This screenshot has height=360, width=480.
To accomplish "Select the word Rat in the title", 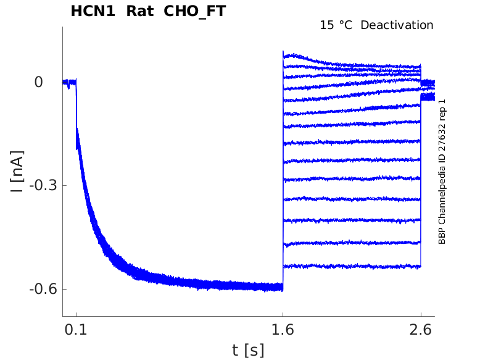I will pos(140,11).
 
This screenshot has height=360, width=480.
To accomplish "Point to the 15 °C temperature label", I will pos(335,25).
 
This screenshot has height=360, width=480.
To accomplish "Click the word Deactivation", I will pos(397,25).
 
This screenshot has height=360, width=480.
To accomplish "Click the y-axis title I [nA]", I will pos(18,171).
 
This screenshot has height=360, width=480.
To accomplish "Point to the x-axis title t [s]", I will pos(248,350).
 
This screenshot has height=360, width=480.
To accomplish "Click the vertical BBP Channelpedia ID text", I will pos(442,172).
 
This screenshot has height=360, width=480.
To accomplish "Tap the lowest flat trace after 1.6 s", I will pos(352,266).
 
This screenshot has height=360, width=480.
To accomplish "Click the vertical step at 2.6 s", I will pos(421,185).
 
